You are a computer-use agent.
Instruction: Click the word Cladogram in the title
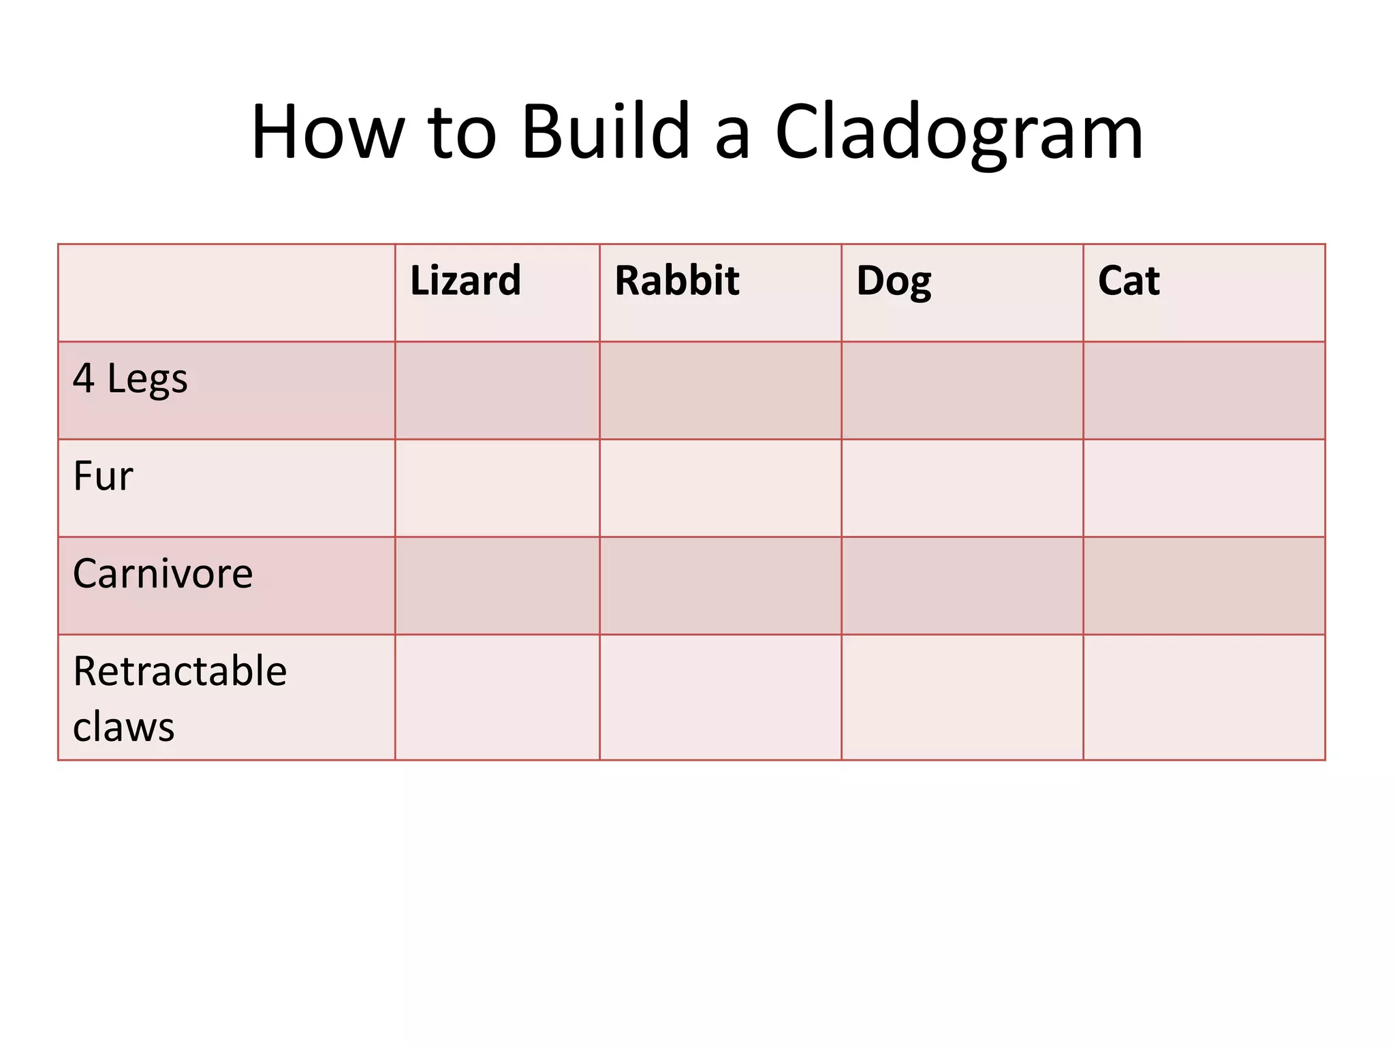(959, 133)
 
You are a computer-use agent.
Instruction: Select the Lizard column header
(466, 281)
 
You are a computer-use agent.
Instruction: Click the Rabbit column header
(677, 281)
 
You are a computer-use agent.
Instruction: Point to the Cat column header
(1129, 281)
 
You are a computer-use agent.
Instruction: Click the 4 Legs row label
(130, 379)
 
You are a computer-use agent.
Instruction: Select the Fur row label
(103, 476)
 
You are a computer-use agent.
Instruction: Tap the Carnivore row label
(163, 573)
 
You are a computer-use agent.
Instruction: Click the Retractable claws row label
(179, 699)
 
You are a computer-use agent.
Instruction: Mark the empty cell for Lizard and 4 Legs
(497, 390)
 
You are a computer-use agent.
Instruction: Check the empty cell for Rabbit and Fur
(720, 488)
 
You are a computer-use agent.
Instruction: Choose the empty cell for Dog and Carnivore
(962, 586)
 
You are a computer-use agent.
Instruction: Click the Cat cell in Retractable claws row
(1204, 697)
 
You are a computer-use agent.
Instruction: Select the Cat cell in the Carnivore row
(1204, 586)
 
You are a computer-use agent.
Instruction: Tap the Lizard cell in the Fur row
(497, 488)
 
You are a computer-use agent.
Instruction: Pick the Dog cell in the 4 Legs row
(962, 390)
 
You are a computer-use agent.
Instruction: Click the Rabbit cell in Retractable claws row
(720, 697)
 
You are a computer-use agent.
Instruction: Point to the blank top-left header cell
(226, 293)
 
